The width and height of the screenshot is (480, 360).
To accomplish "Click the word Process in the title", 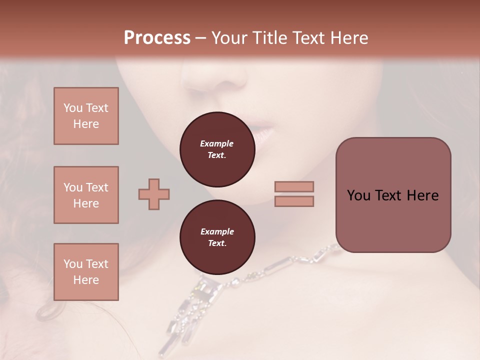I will coord(157,38).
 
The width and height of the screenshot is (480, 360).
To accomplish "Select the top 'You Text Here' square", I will coord(86,116).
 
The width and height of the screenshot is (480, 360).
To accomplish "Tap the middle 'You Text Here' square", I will coord(86,195).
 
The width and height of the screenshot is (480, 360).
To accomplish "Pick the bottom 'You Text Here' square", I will coord(86,272).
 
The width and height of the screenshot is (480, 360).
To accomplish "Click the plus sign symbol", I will coord(154,194).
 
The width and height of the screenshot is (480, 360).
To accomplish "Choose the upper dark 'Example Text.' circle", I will coord(217,149).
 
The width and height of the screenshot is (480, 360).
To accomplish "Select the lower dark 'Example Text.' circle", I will coord(217,237).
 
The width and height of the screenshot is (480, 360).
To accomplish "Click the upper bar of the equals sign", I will coord(294,186).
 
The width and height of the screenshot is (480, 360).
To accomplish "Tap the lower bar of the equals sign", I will coord(294,201).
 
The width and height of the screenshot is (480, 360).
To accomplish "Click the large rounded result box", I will coord(393,195).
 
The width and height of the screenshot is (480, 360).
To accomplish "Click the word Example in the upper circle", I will coord(217,143).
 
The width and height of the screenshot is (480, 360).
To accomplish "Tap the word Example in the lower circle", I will coord(217,231).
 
